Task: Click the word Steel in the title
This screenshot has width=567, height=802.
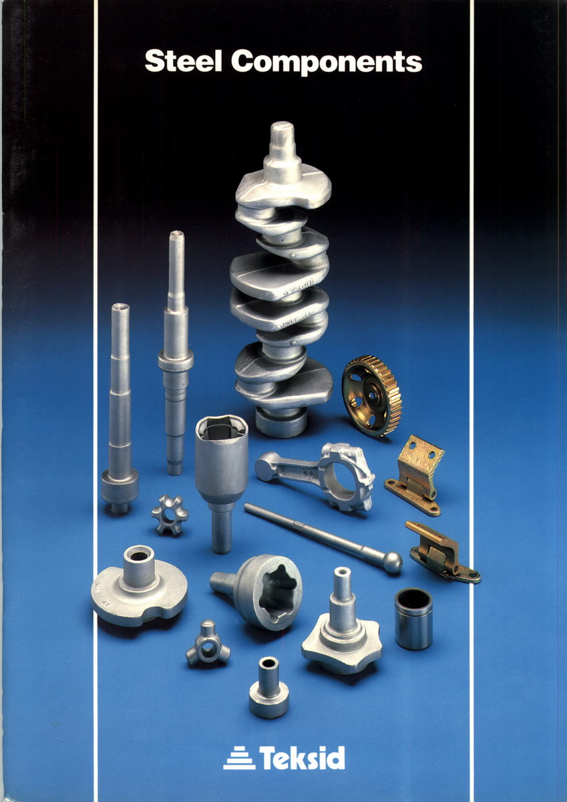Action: (x=183, y=61)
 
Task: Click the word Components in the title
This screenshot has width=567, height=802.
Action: (x=327, y=63)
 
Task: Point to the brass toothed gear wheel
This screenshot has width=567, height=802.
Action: (x=371, y=396)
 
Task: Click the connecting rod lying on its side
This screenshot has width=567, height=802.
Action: (x=315, y=476)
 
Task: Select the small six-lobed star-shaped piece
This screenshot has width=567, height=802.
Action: (x=170, y=515)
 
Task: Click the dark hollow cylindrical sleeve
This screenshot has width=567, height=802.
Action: (x=413, y=619)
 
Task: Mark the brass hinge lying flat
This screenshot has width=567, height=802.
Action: (x=442, y=553)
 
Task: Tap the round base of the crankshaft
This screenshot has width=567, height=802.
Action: (x=281, y=422)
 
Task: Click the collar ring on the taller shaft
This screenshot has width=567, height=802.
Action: (x=176, y=361)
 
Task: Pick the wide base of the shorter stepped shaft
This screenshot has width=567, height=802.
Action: (x=120, y=488)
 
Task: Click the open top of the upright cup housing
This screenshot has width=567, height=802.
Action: (x=222, y=427)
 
